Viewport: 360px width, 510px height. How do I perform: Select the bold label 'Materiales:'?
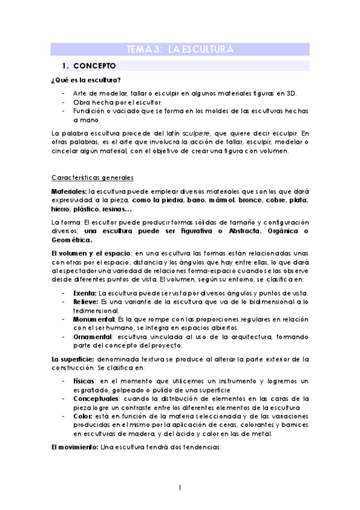(69, 190)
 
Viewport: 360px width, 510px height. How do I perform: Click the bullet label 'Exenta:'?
(85, 292)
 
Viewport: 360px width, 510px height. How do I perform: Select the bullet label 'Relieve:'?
(86, 301)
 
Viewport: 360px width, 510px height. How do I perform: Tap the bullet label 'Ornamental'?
(93, 337)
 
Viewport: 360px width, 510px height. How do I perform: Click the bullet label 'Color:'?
(83, 417)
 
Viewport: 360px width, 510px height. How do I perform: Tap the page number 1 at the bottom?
(180, 487)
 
